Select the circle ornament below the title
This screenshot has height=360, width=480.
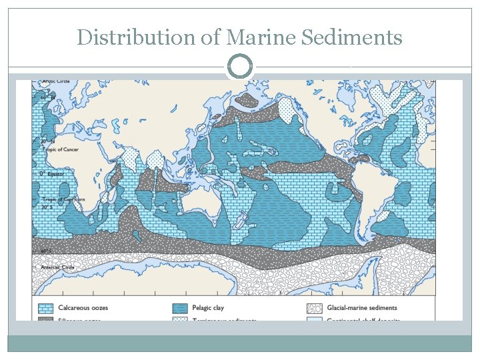[x=240, y=67]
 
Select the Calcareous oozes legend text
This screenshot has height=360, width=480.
[x=83, y=308]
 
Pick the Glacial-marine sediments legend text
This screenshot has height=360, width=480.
[x=361, y=308]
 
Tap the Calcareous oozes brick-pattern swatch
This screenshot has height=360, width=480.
[x=45, y=308]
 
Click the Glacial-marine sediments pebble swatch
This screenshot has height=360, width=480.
[x=315, y=308]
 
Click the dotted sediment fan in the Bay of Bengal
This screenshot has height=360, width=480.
[x=155, y=160]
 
